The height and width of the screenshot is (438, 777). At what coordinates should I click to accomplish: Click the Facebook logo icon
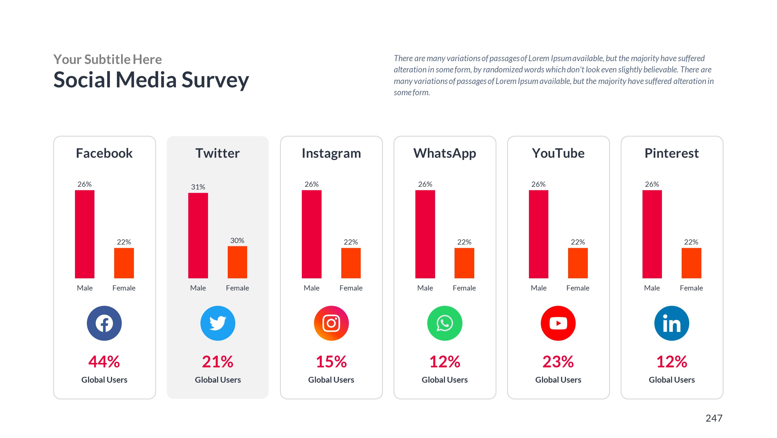pos(104,323)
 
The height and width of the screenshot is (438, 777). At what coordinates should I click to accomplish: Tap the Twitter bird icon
pos(218,323)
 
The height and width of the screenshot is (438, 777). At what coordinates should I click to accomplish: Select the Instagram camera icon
pos(331,323)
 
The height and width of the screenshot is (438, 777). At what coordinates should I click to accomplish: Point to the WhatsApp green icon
pos(445,323)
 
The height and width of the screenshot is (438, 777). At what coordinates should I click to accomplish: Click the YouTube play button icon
pos(558,323)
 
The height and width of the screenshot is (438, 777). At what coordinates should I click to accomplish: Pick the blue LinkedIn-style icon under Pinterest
pos(672,323)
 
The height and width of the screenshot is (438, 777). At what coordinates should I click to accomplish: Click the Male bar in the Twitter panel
pos(198,235)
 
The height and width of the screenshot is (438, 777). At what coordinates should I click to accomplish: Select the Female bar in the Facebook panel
pos(124,263)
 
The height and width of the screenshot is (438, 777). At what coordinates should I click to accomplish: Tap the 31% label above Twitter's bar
pos(198,187)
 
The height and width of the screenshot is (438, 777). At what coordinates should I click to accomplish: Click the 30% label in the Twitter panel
pos(237,240)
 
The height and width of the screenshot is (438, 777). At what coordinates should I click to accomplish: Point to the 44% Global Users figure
pos(104,362)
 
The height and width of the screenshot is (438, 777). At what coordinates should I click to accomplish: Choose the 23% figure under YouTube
pos(558,362)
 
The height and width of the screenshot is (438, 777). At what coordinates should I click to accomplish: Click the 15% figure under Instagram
pos(331,362)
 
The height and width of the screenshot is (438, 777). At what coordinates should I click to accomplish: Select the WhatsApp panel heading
pos(445,153)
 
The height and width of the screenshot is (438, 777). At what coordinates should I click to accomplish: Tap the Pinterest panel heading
pos(672,153)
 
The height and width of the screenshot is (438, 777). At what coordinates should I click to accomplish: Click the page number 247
pos(714,418)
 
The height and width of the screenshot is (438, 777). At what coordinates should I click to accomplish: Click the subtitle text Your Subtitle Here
pos(107,59)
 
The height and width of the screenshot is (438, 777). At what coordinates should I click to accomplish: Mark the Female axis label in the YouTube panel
pos(578,288)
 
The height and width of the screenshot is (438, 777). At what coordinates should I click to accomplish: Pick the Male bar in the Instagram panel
pos(312,234)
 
